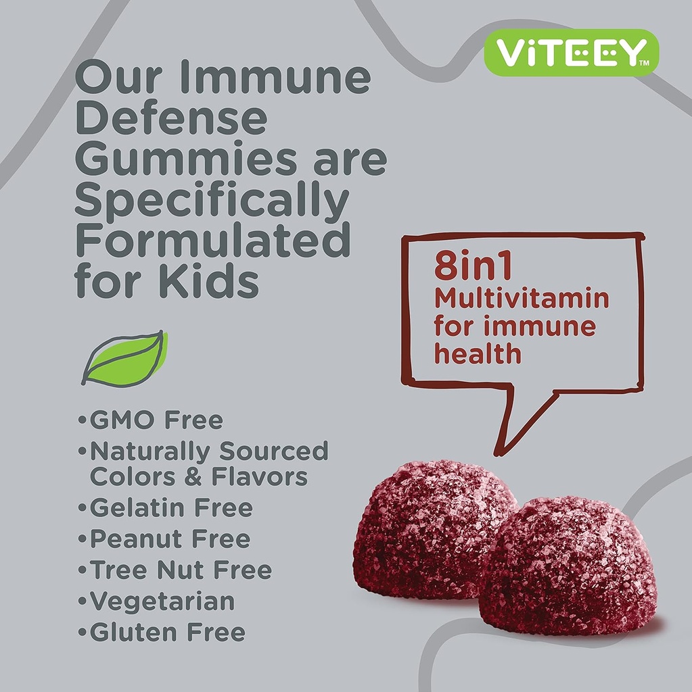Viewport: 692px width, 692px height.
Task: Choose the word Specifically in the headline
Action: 212,201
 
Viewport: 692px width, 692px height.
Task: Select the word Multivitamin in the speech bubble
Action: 521,298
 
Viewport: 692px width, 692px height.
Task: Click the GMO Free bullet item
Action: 156,420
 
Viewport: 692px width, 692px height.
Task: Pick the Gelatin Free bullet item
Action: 170,508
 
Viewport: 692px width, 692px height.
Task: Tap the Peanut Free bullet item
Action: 169,539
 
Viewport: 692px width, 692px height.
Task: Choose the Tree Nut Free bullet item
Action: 180,570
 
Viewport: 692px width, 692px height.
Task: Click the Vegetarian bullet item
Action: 162,601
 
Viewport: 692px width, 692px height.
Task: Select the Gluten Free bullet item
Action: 166,633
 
